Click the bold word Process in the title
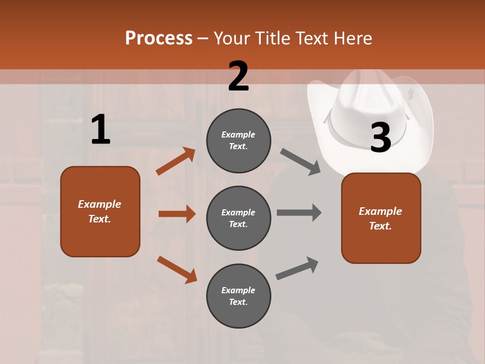159,38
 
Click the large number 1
101,130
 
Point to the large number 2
238,76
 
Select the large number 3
380,138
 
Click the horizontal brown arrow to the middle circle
177,214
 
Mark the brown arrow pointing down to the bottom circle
177,269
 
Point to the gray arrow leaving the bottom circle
297,268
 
